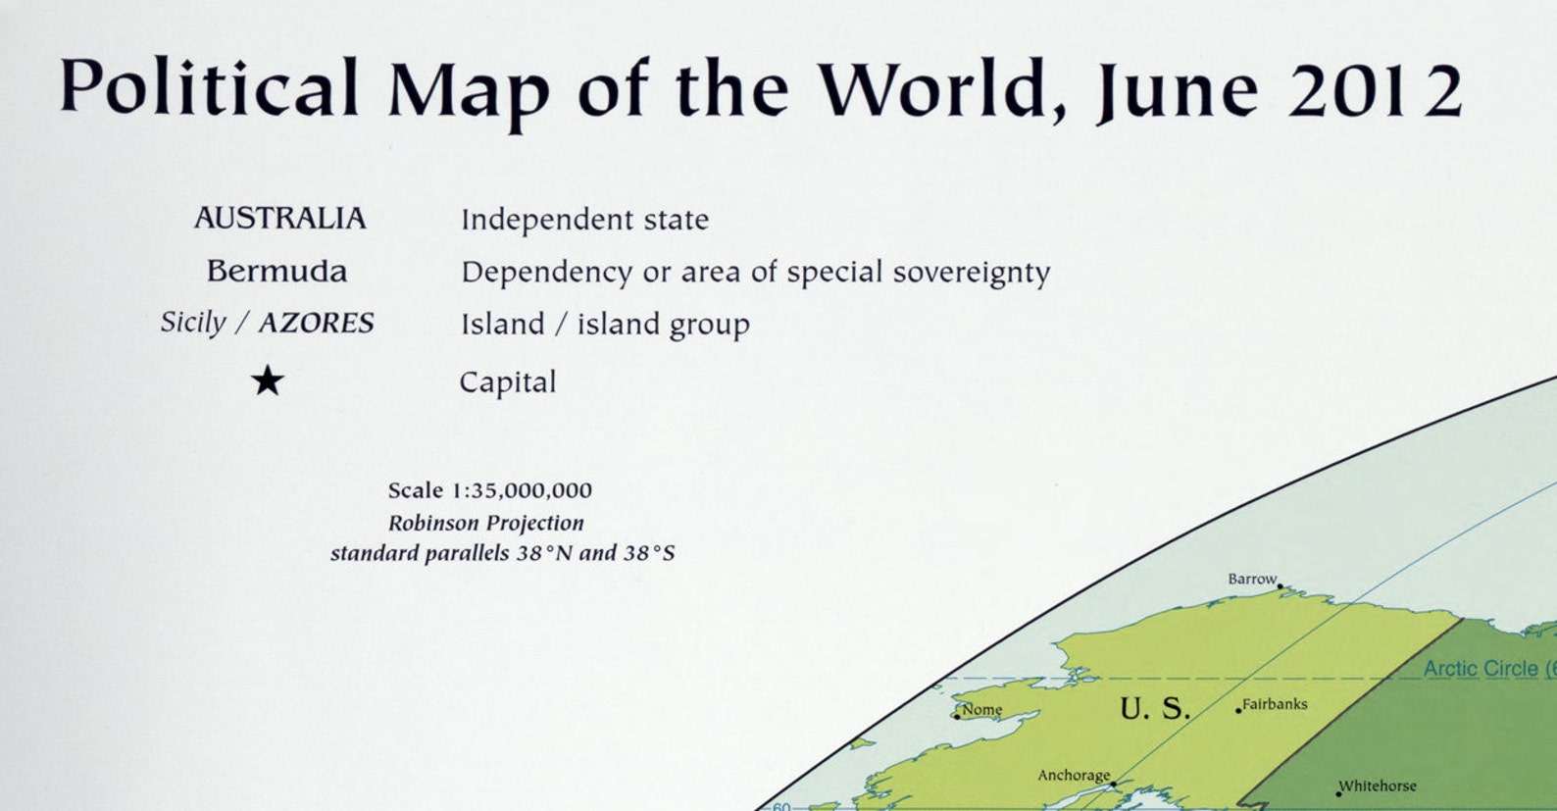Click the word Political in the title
point(209,88)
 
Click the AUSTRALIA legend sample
point(279,218)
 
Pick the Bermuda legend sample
point(276,271)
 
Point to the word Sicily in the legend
point(193,323)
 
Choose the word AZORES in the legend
point(316,323)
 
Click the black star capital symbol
point(268,380)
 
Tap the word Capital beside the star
point(507,381)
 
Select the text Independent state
point(584,220)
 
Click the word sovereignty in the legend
point(971,273)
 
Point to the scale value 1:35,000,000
point(521,490)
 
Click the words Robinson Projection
point(486,523)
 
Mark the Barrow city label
point(1252,579)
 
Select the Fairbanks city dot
point(1238,710)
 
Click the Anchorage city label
point(1074,775)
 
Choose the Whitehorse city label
point(1378,786)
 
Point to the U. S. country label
point(1155,708)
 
